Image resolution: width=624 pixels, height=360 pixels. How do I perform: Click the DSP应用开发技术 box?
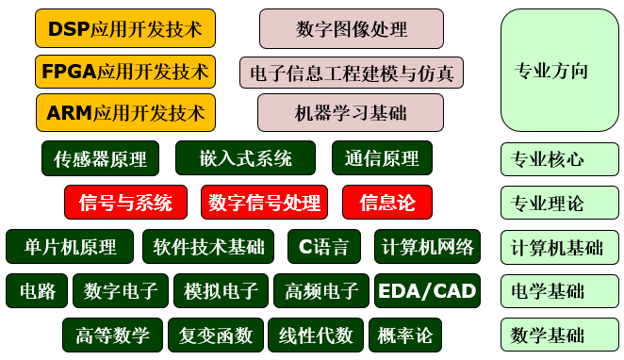coord(125,29)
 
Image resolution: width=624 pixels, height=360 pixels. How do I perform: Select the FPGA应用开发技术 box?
coord(125,72)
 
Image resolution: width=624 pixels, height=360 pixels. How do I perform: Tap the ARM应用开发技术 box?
coord(125,113)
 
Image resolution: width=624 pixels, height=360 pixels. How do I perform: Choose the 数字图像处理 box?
coord(352,29)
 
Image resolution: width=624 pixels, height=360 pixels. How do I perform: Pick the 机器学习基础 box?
coord(351,113)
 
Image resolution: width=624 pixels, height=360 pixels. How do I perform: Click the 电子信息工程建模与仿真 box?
coord(352,72)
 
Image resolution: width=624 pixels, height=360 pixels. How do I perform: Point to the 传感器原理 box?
coord(100,158)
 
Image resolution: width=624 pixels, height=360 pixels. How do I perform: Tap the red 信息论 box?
coord(386,202)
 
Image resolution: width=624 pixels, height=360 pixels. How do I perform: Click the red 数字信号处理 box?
coord(264,202)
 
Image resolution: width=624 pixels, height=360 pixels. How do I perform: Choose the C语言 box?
coord(323,247)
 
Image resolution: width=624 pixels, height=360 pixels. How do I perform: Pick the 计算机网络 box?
coord(427,247)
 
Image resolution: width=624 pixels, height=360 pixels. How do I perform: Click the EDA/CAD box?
coord(427,290)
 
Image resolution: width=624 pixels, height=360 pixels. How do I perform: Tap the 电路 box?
coord(37,290)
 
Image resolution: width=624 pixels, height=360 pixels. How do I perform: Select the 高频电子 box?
coord(321,290)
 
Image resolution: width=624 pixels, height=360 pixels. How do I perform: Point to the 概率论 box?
coord(404,335)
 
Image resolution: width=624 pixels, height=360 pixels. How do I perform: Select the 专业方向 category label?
coord(559,71)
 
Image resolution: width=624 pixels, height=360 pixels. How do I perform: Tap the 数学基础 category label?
coord(559,335)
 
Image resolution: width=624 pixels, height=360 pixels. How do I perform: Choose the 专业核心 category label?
coord(559,158)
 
